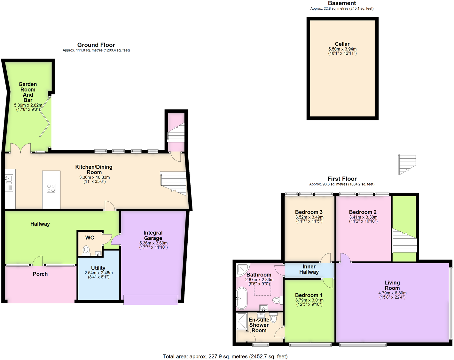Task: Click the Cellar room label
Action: click(x=342, y=44)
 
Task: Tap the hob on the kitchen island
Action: click(x=51, y=188)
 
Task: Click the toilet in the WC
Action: click(x=86, y=249)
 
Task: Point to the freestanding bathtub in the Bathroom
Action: click(x=241, y=298)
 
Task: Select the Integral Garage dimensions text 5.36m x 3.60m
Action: click(x=153, y=243)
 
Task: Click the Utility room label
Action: click(x=98, y=268)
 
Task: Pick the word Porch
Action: click(x=40, y=274)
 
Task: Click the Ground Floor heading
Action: click(x=96, y=45)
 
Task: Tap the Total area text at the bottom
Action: click(x=225, y=356)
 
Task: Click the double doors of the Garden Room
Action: click(x=21, y=148)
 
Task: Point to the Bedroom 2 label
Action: click(x=363, y=212)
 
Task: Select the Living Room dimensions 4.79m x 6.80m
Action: click(x=392, y=293)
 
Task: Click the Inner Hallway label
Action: click(x=309, y=269)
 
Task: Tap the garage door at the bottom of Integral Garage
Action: click(x=151, y=300)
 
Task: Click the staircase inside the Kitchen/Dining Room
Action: click(x=174, y=183)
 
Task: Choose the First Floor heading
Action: click(x=342, y=179)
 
